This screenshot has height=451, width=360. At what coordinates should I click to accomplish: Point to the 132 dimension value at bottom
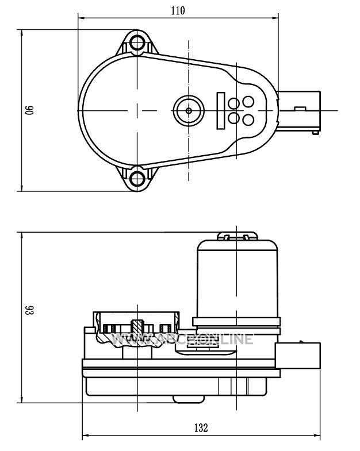pos(201,427)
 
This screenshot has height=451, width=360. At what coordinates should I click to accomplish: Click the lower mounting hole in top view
pos(137,176)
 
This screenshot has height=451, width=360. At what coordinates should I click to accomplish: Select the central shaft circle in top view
pos(188,109)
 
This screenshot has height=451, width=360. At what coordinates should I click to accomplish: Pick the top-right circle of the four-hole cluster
pos(248,101)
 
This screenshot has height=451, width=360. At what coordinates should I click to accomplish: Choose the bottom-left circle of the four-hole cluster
pos(233,117)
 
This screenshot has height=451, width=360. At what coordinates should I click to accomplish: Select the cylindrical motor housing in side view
pos(237,279)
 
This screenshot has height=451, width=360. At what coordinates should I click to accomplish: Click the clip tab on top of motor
pos(237,236)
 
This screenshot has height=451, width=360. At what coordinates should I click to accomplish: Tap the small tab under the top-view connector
pos(315,132)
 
